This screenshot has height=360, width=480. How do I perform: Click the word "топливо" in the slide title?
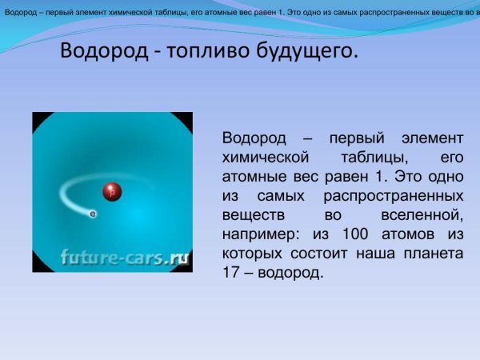tap(200, 53)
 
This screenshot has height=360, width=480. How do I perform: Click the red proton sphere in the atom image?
tap(111, 191)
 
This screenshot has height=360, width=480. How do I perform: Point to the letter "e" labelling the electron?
tap(92, 214)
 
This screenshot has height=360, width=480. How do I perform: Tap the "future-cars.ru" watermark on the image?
tap(125, 258)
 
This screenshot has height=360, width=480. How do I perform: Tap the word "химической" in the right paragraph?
tap(261, 157)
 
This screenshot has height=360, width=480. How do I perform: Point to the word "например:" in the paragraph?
tap(256, 234)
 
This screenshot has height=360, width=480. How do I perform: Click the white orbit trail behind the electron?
tap(68, 192)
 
